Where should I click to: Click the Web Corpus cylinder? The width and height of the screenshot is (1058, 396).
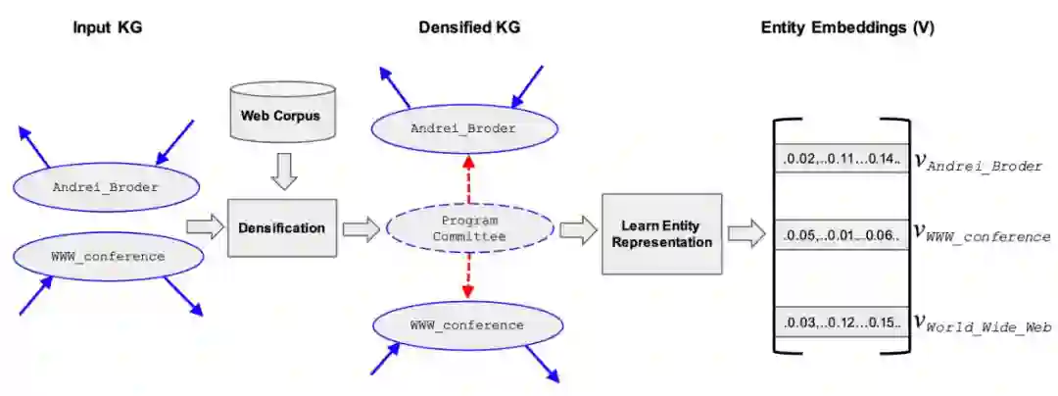point(281,116)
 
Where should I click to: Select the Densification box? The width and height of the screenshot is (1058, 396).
point(281,228)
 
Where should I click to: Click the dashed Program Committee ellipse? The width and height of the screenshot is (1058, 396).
point(469,228)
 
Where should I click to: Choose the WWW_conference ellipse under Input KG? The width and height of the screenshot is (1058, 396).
point(109,257)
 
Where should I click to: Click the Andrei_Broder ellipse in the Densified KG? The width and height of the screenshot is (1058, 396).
point(463,128)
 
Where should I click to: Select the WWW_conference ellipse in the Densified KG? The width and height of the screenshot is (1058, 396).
point(466,325)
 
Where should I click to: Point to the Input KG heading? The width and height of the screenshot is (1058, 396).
point(108,27)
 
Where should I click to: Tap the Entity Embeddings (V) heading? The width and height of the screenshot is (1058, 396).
point(847,27)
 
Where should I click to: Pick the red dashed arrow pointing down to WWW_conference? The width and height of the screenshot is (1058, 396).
point(467,277)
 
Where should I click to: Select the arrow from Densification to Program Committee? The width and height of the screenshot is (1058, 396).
point(361,229)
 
